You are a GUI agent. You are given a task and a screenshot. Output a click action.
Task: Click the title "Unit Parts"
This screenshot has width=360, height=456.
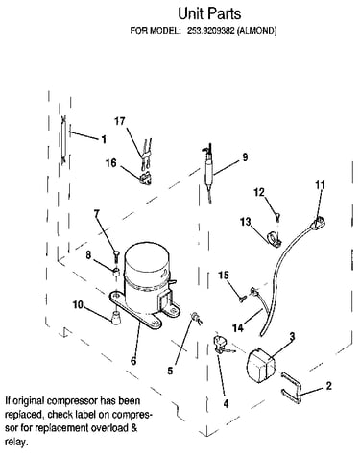click(x=209, y=13)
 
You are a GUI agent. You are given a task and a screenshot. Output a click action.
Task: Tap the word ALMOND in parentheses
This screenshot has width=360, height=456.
click(x=256, y=31)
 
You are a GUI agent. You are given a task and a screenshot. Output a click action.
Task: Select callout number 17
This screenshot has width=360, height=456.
click(x=120, y=121)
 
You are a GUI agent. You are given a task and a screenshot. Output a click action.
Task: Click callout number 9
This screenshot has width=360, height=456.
click(x=245, y=157)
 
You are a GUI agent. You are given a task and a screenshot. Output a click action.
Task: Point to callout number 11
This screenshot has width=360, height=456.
click(x=320, y=185)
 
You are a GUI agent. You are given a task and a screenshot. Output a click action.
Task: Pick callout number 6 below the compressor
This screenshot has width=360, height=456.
click(x=133, y=361)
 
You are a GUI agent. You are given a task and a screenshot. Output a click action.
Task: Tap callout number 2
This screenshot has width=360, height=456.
click(x=328, y=386)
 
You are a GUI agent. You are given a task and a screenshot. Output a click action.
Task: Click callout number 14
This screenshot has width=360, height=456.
click(x=238, y=327)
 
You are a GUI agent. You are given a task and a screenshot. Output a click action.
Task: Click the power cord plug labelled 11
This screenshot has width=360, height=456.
click(x=317, y=222)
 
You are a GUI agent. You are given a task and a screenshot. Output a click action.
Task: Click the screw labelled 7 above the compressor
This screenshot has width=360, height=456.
click(x=115, y=255)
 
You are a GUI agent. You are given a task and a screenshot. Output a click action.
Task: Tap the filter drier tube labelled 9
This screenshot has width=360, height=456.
click(x=209, y=171)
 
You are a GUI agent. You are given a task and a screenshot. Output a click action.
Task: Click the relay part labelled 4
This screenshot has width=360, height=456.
click(x=222, y=344)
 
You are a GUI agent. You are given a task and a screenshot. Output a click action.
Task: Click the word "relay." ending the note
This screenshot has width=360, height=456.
click(x=15, y=443)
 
